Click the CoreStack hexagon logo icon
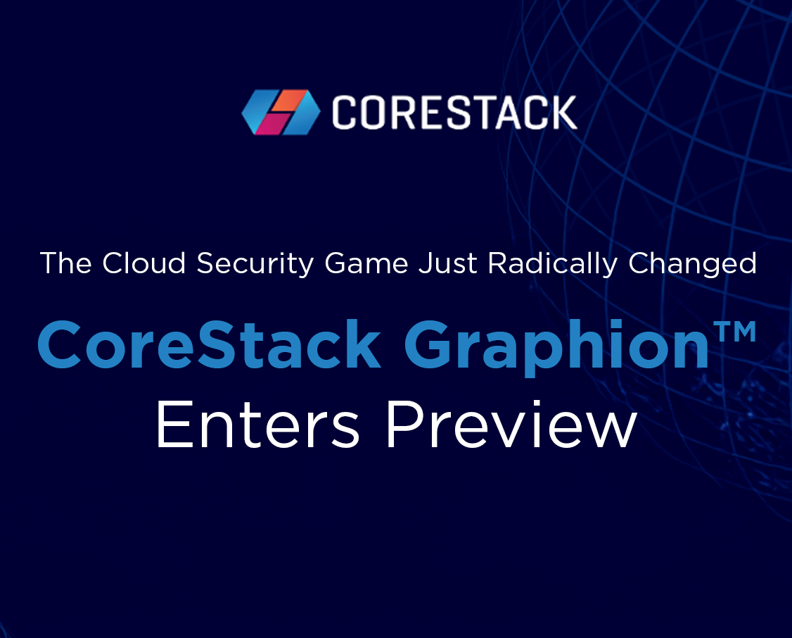[281, 112]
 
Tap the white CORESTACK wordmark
[454, 112]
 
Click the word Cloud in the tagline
[144, 263]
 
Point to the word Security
[255, 264]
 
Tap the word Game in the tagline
[366, 263]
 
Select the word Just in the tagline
[447, 263]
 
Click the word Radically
[553, 264]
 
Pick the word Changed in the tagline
[693, 264]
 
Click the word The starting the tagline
[65, 263]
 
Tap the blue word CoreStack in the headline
[209, 345]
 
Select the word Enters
[257, 424]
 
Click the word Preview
[511, 424]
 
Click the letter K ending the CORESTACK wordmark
[563, 112]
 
